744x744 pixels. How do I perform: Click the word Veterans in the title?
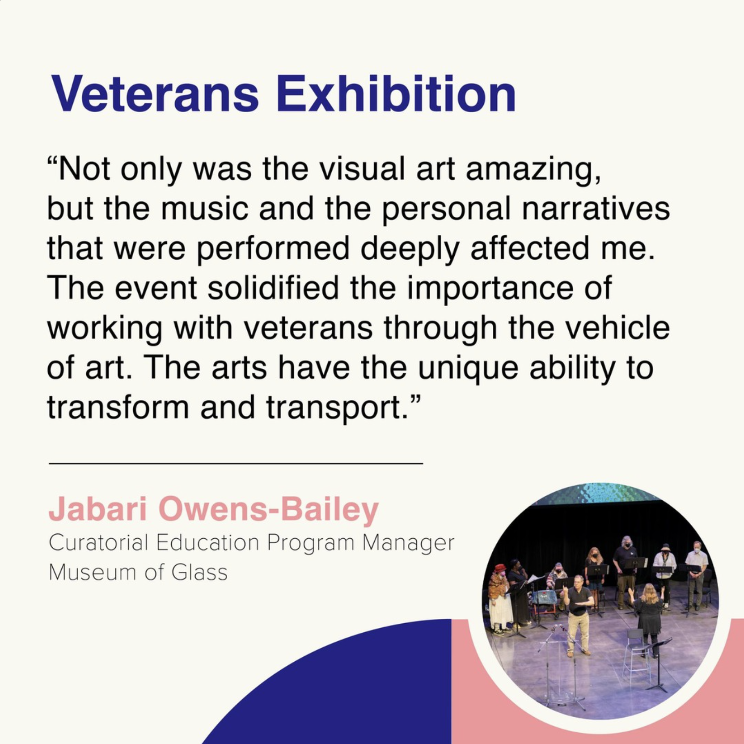155,94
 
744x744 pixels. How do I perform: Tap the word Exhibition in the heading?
396,94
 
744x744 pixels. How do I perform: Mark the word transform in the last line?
118,407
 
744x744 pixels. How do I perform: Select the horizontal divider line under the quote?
236,463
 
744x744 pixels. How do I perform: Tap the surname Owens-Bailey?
269,510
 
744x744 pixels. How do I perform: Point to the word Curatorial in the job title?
98,543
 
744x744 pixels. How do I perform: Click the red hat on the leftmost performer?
500,568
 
